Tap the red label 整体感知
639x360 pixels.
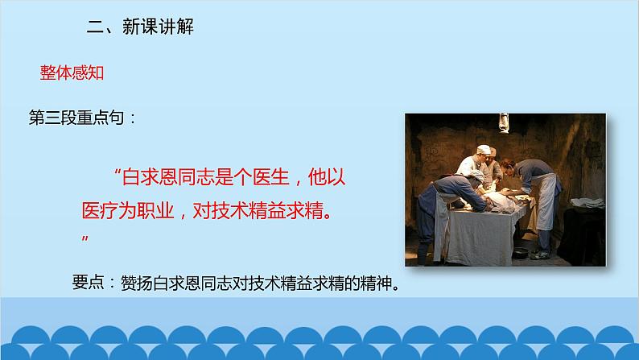(x=73, y=72)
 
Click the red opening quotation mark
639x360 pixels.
(x=118, y=172)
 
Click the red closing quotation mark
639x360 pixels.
(x=85, y=240)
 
